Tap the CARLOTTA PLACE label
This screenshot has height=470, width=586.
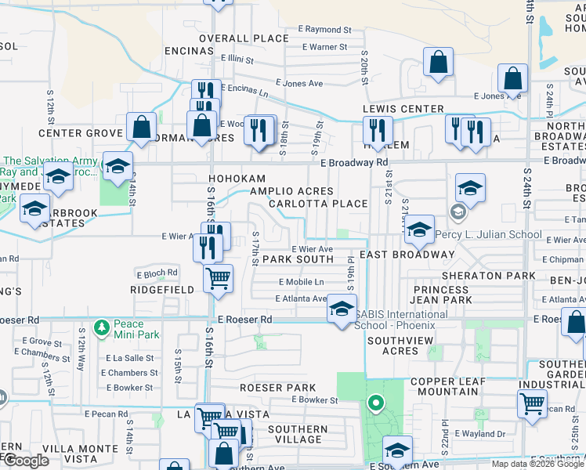point(317,204)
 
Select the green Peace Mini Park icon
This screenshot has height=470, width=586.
point(100,325)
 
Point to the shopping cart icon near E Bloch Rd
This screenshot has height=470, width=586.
point(218,277)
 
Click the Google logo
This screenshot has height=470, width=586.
point(26,461)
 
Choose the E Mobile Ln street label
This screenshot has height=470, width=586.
point(301,282)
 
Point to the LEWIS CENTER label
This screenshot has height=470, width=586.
point(403,109)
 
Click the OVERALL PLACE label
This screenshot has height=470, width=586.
point(244,38)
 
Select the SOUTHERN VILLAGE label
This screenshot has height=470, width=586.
point(298,435)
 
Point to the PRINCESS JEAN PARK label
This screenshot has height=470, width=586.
point(443,295)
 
